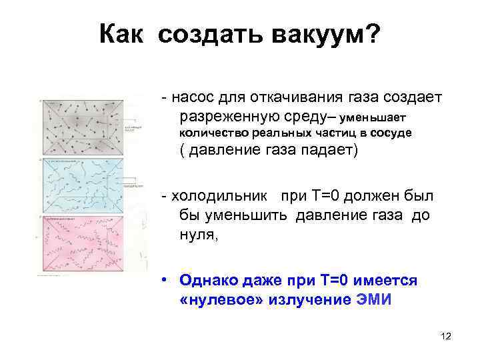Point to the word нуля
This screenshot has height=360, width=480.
coord(198,233)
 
